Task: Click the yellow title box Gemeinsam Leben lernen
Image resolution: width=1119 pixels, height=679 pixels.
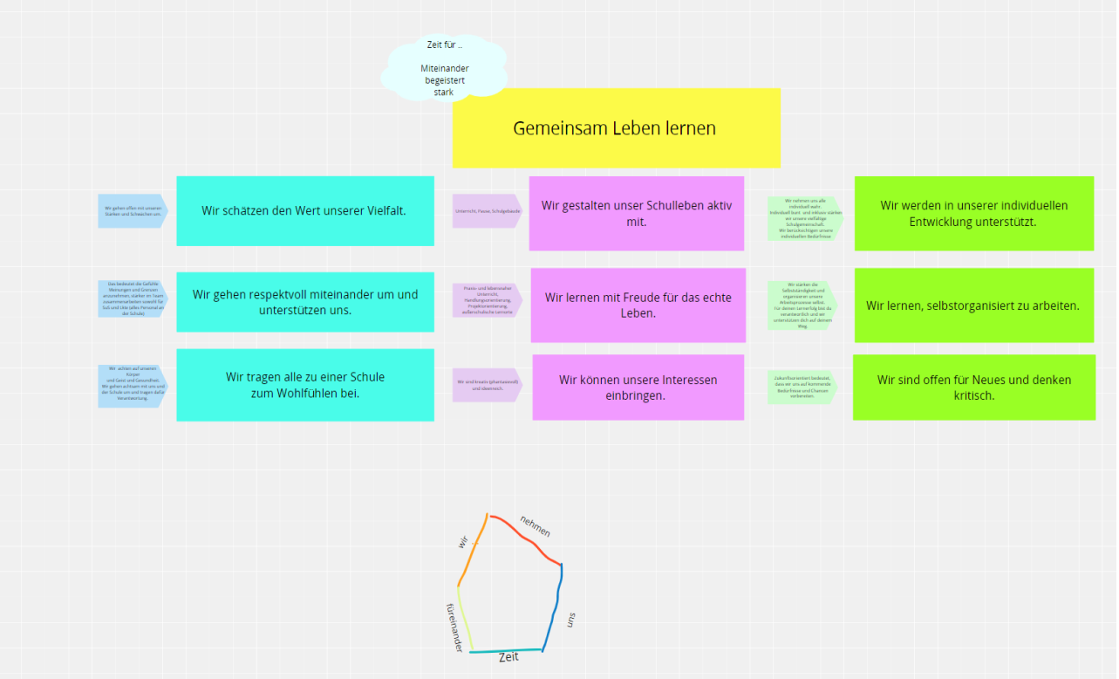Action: tap(616, 128)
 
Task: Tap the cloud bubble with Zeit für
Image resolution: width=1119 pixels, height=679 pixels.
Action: tap(444, 68)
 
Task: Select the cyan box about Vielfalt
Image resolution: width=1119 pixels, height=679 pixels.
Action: tap(304, 210)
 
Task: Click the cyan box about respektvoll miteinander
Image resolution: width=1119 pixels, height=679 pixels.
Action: tap(304, 302)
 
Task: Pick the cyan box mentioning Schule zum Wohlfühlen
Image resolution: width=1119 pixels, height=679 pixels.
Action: tap(304, 385)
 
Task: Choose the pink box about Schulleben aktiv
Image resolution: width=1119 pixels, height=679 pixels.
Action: tap(636, 213)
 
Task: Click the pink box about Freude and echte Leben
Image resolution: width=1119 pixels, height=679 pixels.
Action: tap(638, 305)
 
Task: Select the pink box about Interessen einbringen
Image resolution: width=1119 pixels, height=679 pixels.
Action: tap(638, 388)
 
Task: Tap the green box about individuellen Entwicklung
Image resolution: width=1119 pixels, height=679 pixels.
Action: tap(973, 213)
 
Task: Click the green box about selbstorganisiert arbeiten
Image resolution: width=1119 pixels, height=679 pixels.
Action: tap(973, 305)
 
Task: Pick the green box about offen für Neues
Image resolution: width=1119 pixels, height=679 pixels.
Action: tap(973, 387)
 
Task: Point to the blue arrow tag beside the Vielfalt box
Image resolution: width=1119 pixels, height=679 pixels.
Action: tap(132, 211)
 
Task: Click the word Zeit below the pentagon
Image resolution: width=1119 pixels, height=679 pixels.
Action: tap(508, 657)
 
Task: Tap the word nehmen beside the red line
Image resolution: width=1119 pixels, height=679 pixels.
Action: tap(536, 526)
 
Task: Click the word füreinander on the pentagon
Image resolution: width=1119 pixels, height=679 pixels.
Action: tap(454, 628)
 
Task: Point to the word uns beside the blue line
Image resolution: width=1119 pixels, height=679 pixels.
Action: tap(571, 620)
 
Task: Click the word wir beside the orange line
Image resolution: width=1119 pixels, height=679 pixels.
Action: tap(463, 542)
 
